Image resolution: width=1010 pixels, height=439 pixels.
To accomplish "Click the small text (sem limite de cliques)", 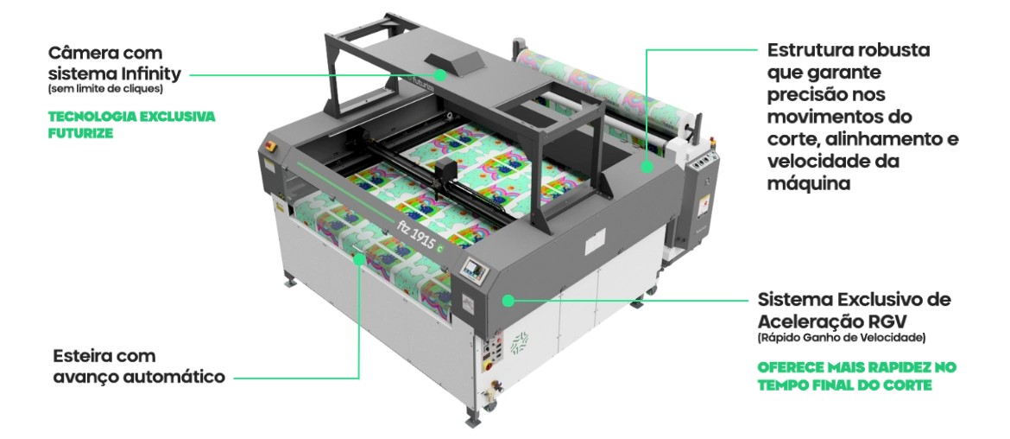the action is [x=105, y=88].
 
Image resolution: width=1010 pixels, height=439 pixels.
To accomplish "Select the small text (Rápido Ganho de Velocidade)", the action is [x=842, y=337].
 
